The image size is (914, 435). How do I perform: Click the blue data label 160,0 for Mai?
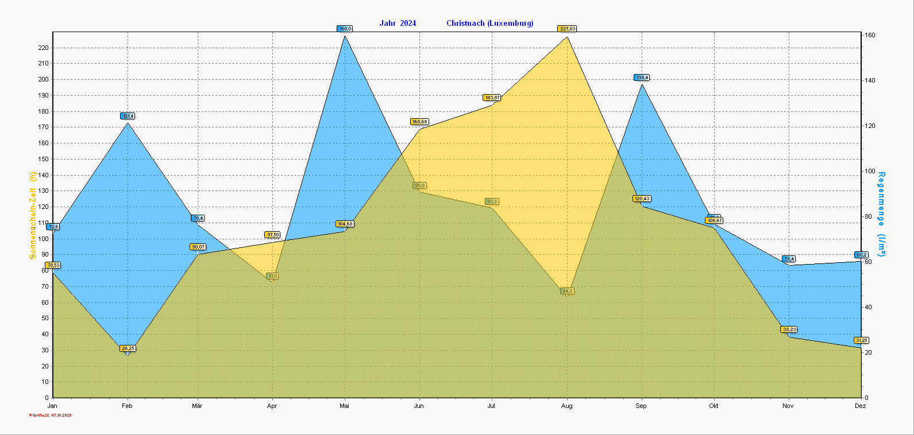[x=345, y=29]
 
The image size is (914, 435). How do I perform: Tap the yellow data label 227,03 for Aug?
[x=567, y=29]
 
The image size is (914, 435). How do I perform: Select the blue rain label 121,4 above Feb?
[x=128, y=116]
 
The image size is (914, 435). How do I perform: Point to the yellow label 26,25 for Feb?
[x=128, y=348]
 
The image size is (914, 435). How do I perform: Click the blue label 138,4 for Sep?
[x=642, y=77]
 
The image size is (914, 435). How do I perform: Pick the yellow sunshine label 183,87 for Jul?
[x=492, y=98]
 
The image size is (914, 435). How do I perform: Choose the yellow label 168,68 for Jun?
[x=419, y=122]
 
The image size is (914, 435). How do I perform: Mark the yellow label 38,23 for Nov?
[x=789, y=329]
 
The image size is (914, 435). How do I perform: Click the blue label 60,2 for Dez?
[x=861, y=255]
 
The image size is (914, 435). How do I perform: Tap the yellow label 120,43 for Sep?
[x=642, y=199]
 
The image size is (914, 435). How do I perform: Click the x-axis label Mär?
[x=197, y=406]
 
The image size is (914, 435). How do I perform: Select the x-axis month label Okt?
[x=714, y=406]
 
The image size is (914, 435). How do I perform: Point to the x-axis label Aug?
[x=566, y=406]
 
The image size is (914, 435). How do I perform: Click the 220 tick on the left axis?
[x=43, y=48]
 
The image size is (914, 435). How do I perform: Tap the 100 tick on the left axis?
[x=43, y=239]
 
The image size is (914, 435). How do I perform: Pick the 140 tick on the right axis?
[x=870, y=80]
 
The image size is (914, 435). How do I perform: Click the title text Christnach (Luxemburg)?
[x=489, y=24]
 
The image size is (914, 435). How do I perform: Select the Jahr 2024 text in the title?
[x=398, y=24]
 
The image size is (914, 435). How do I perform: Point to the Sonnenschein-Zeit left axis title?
[x=33, y=215]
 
